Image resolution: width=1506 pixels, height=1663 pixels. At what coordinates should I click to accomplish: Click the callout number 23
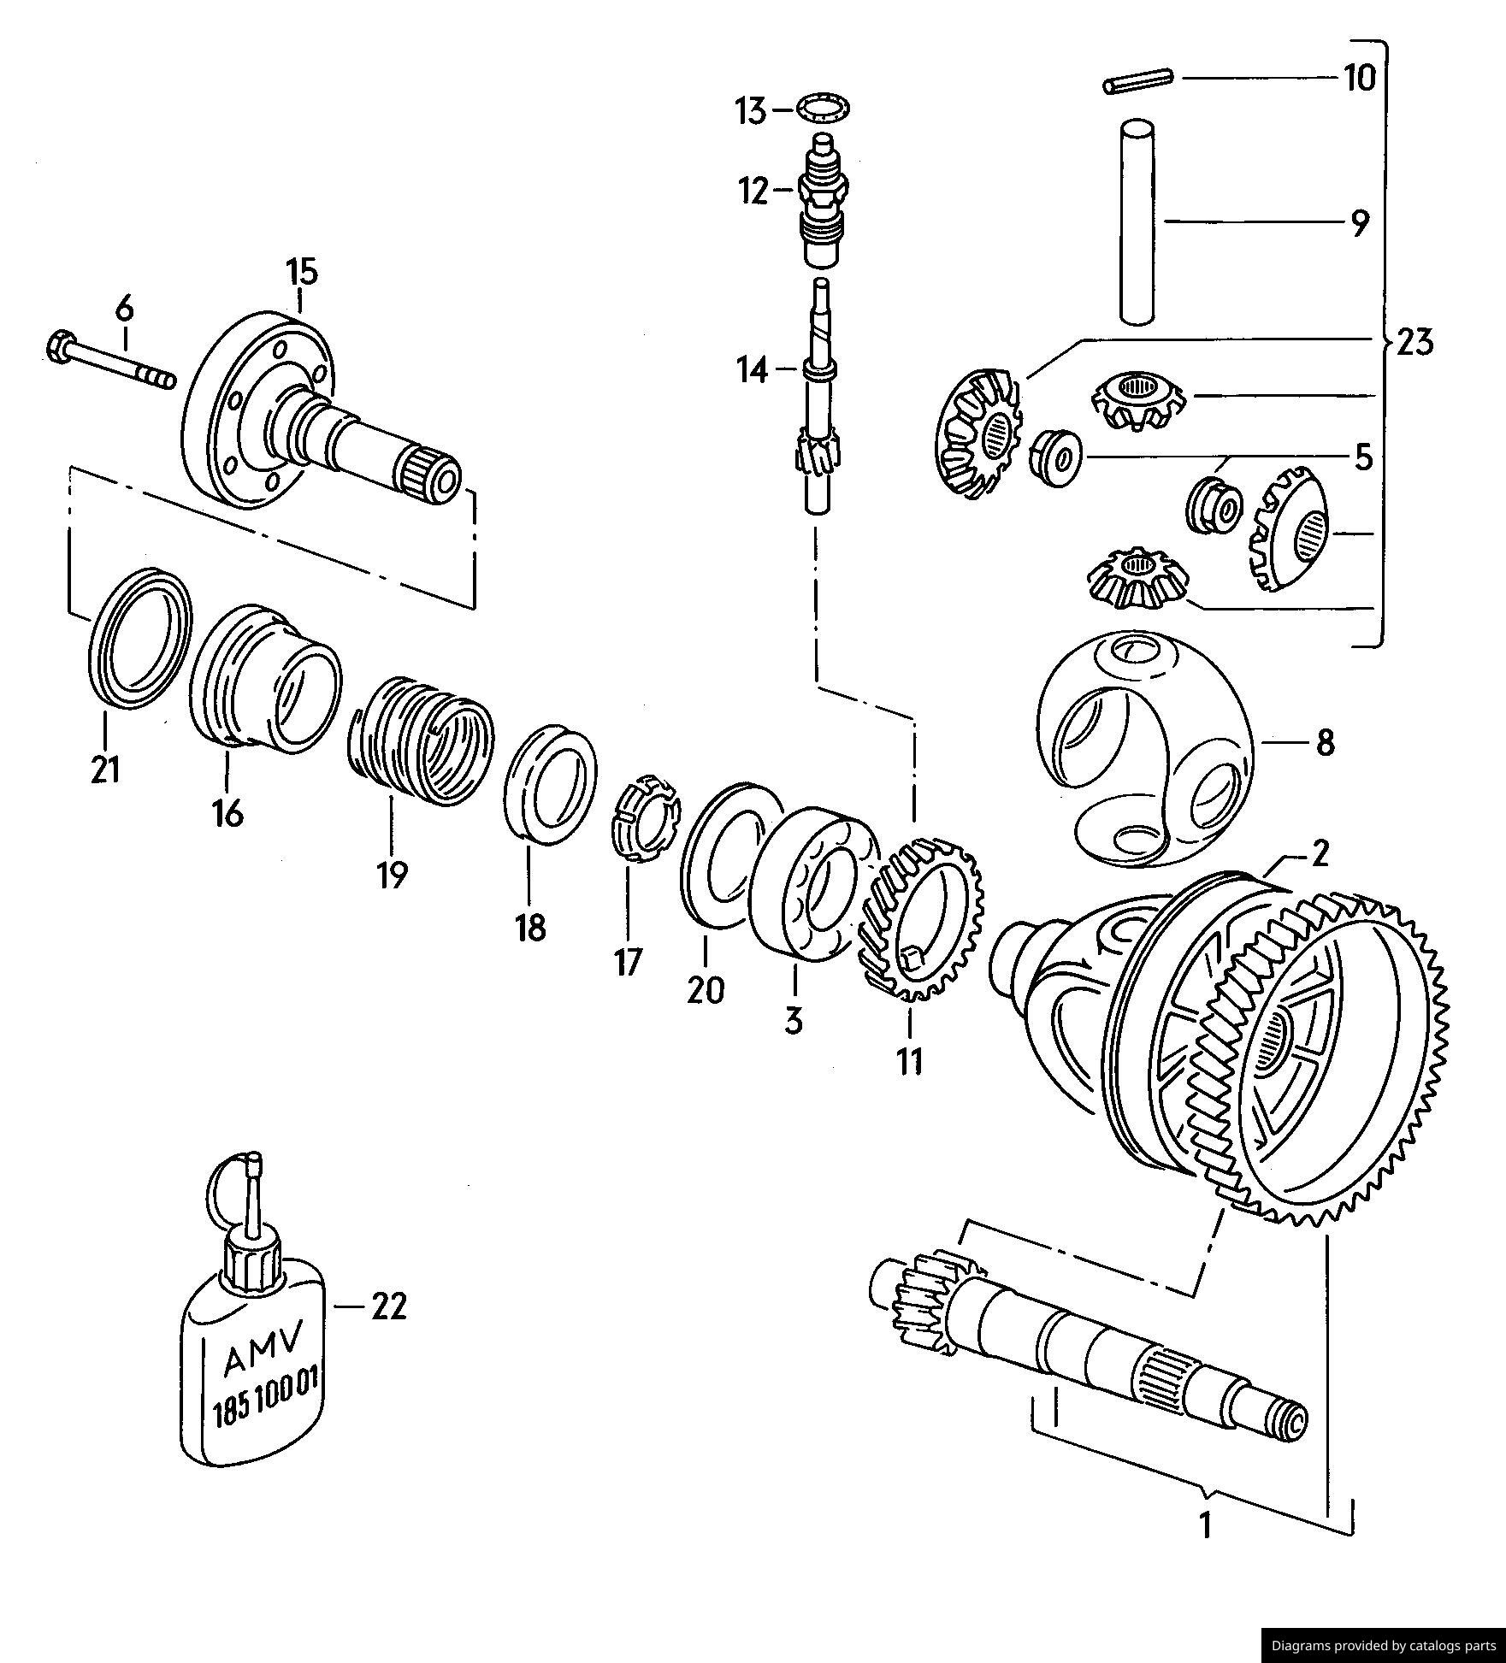[x=1414, y=343]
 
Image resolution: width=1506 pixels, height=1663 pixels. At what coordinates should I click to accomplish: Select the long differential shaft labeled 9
[x=1138, y=222]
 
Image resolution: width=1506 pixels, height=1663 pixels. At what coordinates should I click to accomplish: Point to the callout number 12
[x=754, y=192]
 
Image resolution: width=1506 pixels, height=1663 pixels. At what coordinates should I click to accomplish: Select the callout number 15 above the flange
[x=301, y=272]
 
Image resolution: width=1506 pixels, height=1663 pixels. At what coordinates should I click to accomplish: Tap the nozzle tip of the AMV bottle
[x=253, y=1160]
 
